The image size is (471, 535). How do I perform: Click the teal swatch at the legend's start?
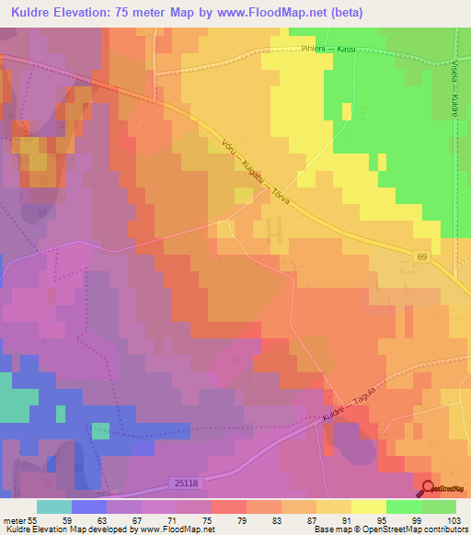coord(53,507)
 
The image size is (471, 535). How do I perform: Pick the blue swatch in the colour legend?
coord(88,507)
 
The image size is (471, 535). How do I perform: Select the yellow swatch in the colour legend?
coord(368,507)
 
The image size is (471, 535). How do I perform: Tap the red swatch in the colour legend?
coord(228,507)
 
